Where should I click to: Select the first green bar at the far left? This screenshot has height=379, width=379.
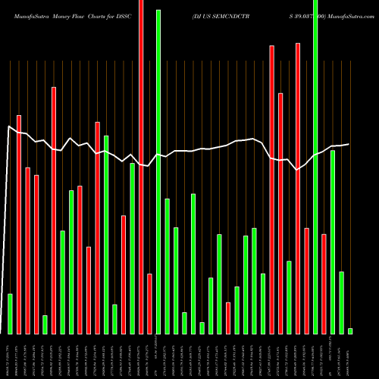pos(10,314)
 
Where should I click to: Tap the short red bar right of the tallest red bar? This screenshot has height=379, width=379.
pos(149,303)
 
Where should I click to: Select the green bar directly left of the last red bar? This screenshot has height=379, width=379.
pos(315,167)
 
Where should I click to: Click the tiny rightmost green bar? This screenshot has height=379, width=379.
pos(350,330)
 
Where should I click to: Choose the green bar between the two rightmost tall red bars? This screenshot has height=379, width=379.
pos(289,297)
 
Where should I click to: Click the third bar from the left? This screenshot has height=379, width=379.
pos(27,250)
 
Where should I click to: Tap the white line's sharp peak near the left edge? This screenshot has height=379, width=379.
pos(9,127)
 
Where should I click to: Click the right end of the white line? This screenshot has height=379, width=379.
pos(349,144)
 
